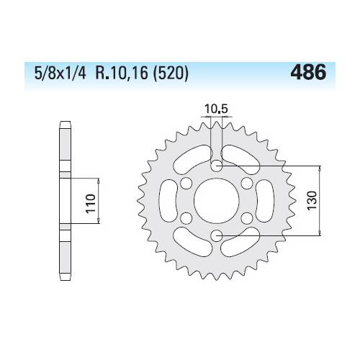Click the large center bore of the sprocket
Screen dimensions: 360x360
coord(217,201)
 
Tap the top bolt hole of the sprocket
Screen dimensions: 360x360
coord(217,166)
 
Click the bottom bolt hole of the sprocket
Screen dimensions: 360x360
coord(217,235)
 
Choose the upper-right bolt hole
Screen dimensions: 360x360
coord(247,184)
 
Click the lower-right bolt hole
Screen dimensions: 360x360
coord(247,218)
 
